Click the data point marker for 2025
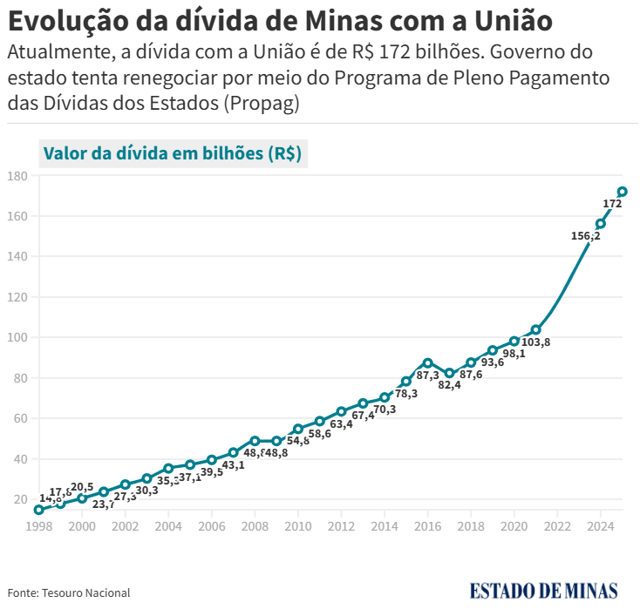(623, 192)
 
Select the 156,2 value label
(585, 235)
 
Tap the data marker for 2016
(427, 362)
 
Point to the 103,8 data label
(535, 342)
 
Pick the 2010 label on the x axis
(298, 526)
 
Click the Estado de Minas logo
(543, 591)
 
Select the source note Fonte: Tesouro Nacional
(69, 592)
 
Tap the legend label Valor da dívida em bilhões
(172, 153)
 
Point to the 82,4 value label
(450, 385)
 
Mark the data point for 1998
(38, 510)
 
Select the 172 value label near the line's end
(612, 204)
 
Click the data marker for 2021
(535, 330)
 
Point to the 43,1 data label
(233, 465)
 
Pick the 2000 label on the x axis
(82, 526)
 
